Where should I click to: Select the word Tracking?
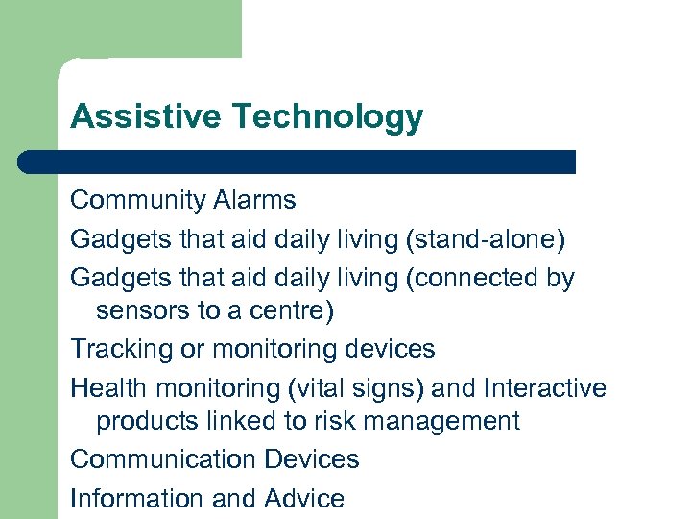[123, 348]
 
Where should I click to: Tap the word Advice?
[304, 498]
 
